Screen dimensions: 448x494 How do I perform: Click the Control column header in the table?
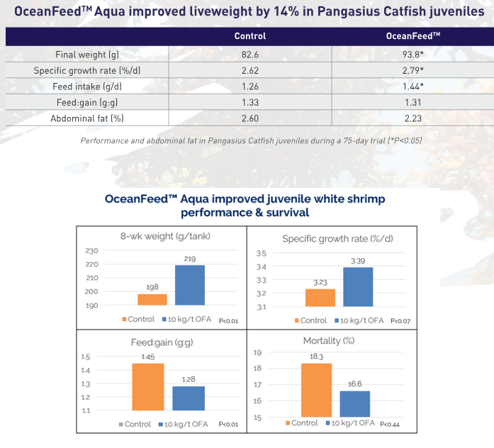tap(250, 36)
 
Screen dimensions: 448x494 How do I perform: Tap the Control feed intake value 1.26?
tap(250, 86)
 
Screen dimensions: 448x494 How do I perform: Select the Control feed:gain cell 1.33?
tap(250, 103)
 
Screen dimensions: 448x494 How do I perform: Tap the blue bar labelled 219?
tap(189, 285)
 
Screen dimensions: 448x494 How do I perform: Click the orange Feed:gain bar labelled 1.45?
tap(148, 386)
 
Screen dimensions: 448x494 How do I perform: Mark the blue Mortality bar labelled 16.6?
tap(354, 403)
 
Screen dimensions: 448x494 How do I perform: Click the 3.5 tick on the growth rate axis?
tap(261, 253)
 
